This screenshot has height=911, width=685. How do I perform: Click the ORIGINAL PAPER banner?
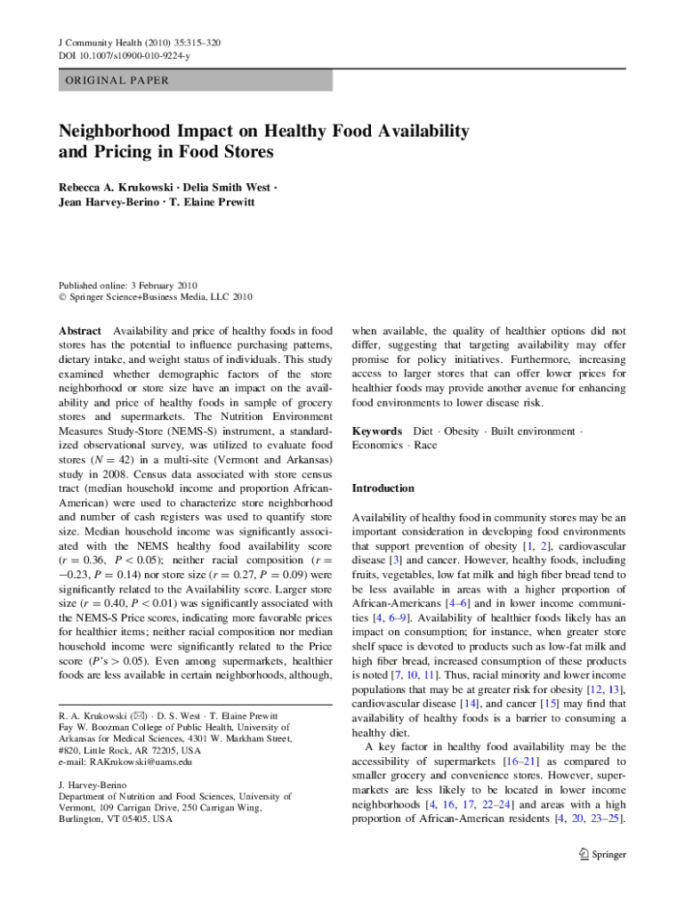tap(117, 80)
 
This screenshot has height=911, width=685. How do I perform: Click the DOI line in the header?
tap(124, 55)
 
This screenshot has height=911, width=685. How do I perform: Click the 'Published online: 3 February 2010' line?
tap(128, 285)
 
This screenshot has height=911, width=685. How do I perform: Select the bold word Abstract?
tap(80, 330)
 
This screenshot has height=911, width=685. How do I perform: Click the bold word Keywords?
tap(378, 431)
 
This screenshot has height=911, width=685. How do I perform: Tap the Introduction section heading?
tap(383, 488)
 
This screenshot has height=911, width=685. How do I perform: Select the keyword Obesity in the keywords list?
tap(461, 431)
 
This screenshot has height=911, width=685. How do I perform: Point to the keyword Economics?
tap(377, 445)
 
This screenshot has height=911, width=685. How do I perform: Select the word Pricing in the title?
tap(115, 151)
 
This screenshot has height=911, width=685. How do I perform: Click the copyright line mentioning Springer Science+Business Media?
tap(156, 297)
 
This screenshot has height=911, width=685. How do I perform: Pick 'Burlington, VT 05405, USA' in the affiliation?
tap(116, 818)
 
